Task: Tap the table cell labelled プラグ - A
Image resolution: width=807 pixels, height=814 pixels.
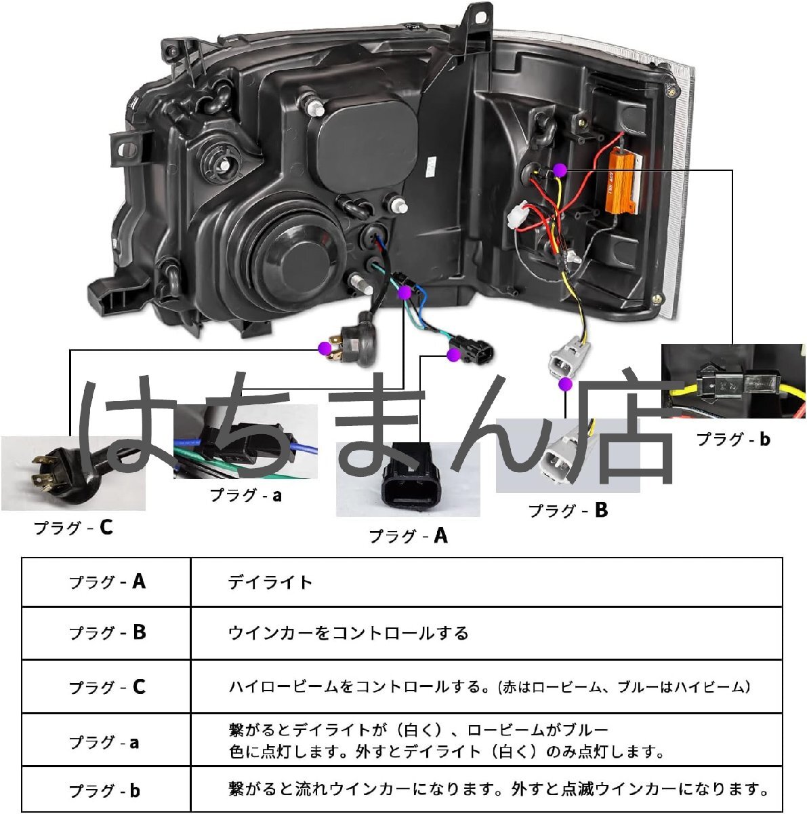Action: pos(106,582)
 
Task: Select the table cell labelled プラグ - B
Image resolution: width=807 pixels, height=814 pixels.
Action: pos(106,633)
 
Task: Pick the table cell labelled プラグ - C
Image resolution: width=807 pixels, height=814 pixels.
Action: pos(106,687)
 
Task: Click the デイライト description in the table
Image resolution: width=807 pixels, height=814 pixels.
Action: pos(270,582)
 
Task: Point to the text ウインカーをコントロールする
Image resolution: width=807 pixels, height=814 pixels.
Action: pos(348,634)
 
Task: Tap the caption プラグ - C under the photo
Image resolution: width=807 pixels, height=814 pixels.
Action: pos(73,527)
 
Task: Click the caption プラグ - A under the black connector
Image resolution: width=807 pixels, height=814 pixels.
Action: pos(408,536)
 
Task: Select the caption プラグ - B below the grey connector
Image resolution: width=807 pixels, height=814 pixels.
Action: pos(568,510)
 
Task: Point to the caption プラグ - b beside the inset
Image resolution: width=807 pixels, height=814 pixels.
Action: pos(733,439)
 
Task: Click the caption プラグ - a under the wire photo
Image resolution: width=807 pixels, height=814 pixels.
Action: pos(245,495)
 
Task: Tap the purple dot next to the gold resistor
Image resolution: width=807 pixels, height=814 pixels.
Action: pos(559,170)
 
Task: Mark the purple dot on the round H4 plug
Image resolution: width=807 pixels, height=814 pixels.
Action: pos(325,349)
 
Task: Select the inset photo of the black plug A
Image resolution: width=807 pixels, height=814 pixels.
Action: pos(408,479)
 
